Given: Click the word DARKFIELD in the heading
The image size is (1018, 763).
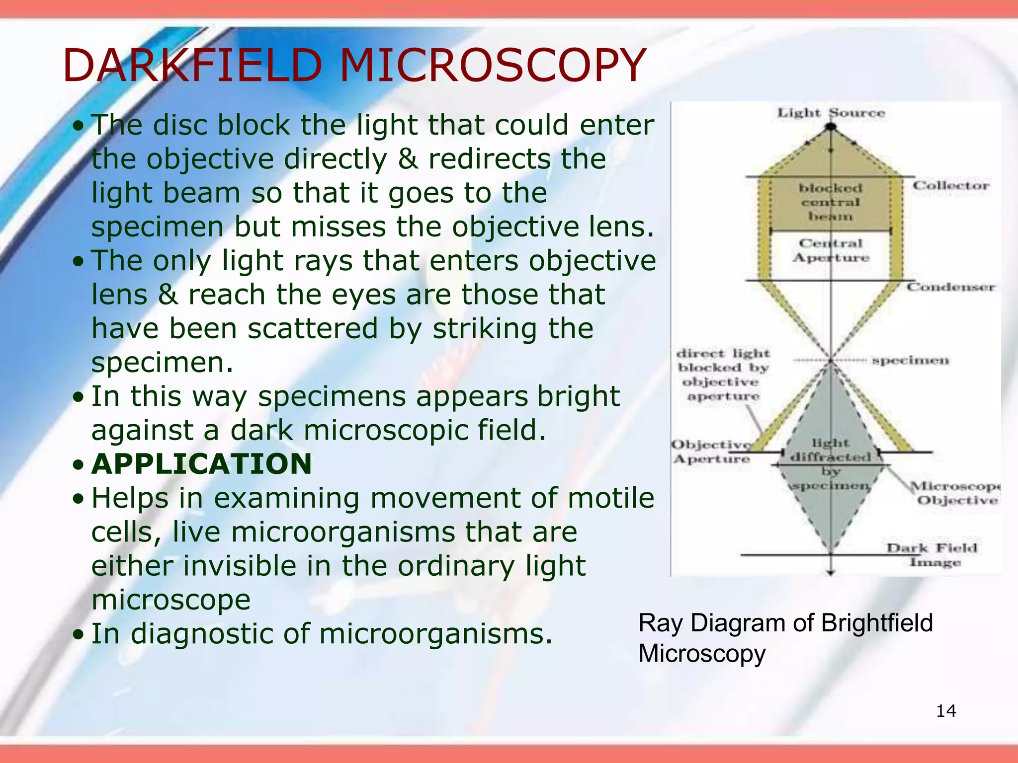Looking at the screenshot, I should point(193,66).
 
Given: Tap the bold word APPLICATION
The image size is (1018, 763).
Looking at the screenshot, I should point(202,464).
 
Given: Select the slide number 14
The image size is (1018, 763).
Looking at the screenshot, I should point(946,711).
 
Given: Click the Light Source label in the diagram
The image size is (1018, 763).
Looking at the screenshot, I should point(831,113).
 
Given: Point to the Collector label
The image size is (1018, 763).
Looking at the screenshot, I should point(950,185).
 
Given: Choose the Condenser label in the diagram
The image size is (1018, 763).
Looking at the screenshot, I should point(950,287).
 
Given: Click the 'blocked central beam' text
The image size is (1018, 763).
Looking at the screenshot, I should point(831,202).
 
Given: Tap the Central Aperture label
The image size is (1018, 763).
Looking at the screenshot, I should point(831,250).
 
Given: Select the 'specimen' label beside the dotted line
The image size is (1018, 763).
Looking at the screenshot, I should point(910,360).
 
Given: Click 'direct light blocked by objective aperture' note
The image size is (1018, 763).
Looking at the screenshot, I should point(724,375).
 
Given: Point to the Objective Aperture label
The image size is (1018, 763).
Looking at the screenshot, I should point(711,452).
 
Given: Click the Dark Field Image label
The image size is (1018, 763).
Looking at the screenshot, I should point(933,555).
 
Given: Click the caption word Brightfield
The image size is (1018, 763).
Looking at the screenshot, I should point(877,623).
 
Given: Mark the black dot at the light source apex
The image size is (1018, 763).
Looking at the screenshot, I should point(831,127).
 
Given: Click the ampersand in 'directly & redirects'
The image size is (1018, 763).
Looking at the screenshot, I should point(408,159).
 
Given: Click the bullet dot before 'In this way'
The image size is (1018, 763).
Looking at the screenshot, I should point(78,397).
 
